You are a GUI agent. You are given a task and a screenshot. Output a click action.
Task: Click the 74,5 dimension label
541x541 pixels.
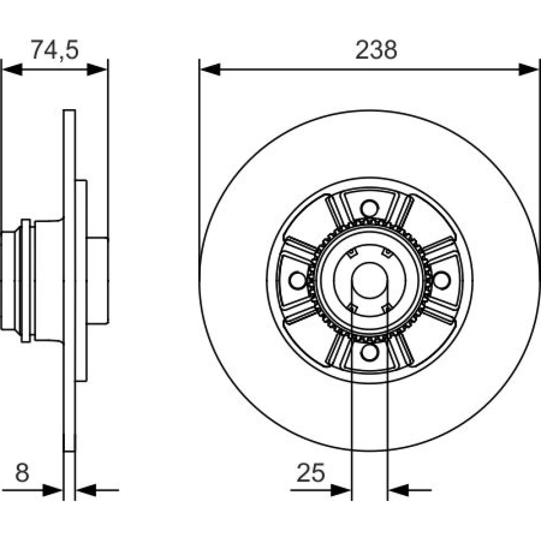tap(55, 50)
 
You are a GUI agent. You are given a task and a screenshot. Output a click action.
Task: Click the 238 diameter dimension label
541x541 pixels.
tap(376, 50)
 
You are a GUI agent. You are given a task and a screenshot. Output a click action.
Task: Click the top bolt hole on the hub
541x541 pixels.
tap(370, 208)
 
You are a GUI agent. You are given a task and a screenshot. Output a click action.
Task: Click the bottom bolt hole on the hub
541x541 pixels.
tap(370, 352)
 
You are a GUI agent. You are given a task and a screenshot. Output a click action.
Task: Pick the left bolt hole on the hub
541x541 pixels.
tap(297, 280)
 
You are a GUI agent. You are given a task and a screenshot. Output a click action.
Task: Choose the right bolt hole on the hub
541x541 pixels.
tap(441, 280)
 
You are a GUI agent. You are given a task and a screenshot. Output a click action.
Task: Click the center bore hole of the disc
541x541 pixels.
tap(370, 280)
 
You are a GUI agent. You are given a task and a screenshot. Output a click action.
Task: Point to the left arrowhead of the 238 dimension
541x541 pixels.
tap(210, 69)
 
